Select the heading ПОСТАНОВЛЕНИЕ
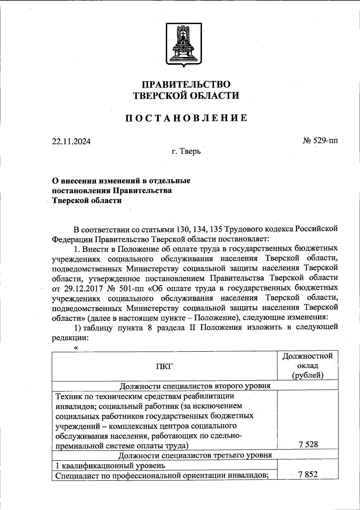pyautogui.click(x=186, y=118)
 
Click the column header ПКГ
pyautogui.click(x=164, y=366)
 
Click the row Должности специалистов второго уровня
pyautogui.click(x=195, y=386)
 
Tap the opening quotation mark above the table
pyautogui.click(x=76, y=348)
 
